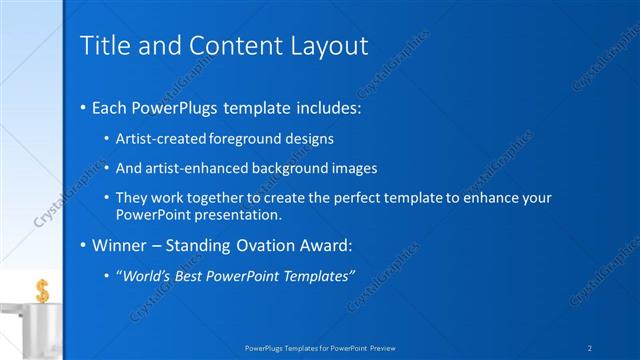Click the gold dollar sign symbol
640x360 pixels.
tap(42, 291)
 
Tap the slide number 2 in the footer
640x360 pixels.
tap(591, 347)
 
